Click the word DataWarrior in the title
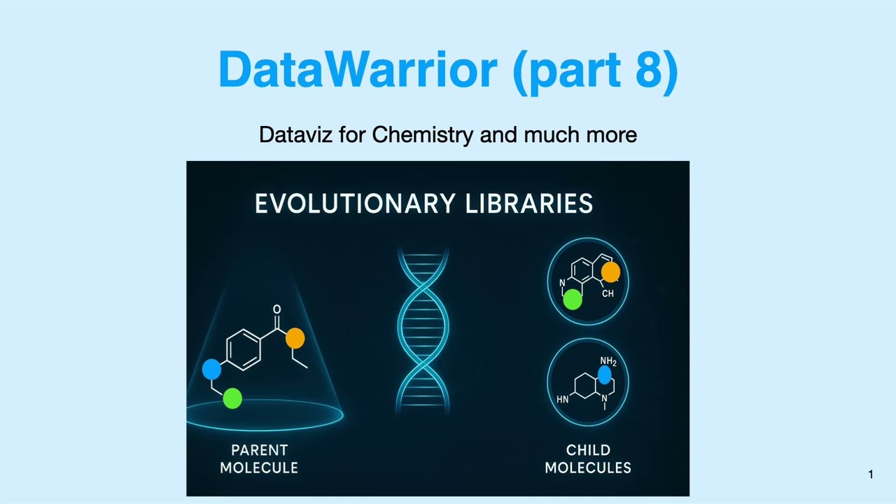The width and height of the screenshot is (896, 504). pyautogui.click(x=357, y=69)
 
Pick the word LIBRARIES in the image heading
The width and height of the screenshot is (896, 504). pyautogui.click(x=529, y=204)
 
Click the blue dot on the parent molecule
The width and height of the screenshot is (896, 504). pyautogui.click(x=211, y=370)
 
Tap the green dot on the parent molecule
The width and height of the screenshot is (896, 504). pyautogui.click(x=232, y=399)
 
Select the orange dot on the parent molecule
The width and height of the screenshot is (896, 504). pyautogui.click(x=295, y=339)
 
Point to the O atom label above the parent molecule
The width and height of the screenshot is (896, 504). pyautogui.click(x=277, y=309)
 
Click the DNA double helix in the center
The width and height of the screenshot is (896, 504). pyautogui.click(x=423, y=329)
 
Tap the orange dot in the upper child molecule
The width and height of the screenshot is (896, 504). pyautogui.click(x=610, y=272)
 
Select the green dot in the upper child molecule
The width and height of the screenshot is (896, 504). pyautogui.click(x=573, y=300)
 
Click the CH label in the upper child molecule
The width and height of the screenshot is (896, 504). pyautogui.click(x=608, y=294)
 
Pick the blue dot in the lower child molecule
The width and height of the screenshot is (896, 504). pyautogui.click(x=605, y=374)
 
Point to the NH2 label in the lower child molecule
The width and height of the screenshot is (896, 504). pyautogui.click(x=608, y=362)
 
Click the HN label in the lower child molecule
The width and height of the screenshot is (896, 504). pyautogui.click(x=563, y=400)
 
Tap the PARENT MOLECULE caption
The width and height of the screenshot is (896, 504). pyautogui.click(x=259, y=459)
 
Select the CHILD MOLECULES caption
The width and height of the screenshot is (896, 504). pyautogui.click(x=588, y=459)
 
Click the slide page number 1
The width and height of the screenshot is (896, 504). pyautogui.click(x=871, y=475)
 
